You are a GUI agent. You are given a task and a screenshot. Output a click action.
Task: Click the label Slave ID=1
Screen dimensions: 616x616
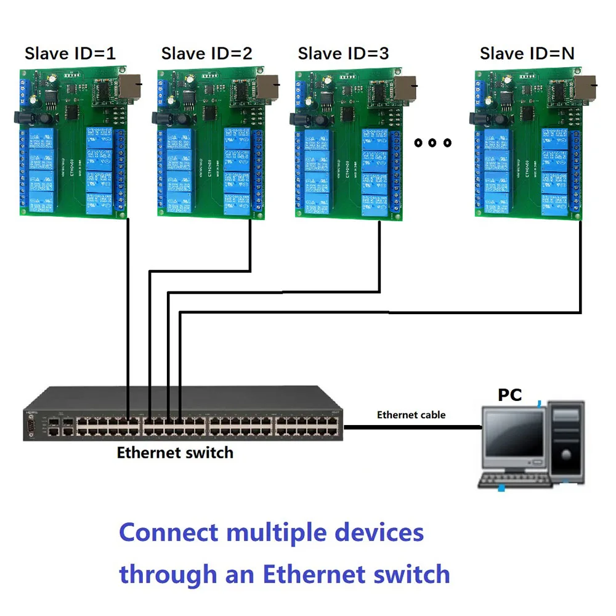pyautogui.click(x=70, y=54)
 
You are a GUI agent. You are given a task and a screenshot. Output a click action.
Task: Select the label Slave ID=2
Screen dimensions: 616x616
pyautogui.click(x=206, y=54)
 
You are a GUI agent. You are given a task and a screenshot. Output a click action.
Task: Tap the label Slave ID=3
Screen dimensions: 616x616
pyautogui.click(x=343, y=54)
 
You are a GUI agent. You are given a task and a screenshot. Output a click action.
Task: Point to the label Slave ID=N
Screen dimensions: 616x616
pyautogui.click(x=527, y=54)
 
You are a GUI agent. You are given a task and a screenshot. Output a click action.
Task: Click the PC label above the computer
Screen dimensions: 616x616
pyautogui.click(x=509, y=395)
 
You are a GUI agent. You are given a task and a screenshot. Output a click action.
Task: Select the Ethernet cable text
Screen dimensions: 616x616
pyautogui.click(x=411, y=415)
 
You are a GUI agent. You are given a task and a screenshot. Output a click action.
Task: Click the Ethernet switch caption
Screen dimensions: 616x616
pyautogui.click(x=175, y=453)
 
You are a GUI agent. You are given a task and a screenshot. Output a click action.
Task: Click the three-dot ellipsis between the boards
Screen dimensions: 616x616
pyautogui.click(x=432, y=143)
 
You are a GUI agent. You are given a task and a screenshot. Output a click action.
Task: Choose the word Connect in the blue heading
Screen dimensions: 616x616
pyautogui.click(x=168, y=532)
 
